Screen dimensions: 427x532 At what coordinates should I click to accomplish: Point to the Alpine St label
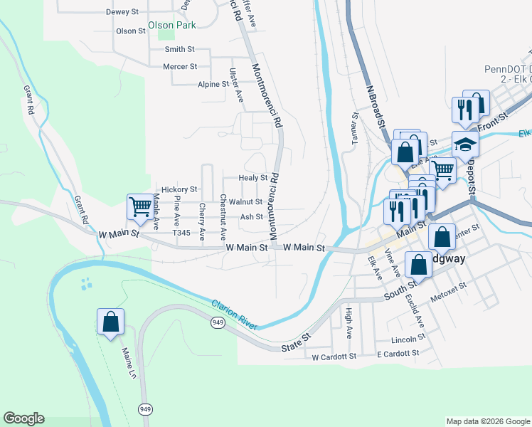213,84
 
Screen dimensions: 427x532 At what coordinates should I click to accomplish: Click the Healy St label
252,178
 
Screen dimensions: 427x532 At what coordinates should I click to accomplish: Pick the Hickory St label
179,190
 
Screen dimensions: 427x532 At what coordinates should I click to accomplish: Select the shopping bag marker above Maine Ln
111,321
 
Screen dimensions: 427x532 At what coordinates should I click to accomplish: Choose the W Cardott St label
334,357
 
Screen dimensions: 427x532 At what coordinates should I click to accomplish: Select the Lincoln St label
408,340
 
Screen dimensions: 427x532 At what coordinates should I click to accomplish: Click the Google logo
23,418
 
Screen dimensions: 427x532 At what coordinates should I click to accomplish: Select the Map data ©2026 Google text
487,421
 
